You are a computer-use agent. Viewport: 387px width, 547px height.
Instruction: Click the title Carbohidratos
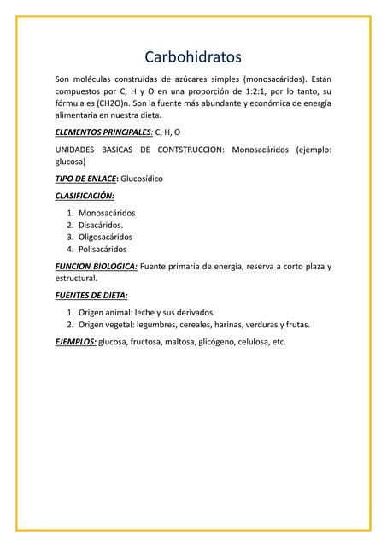click(x=193, y=57)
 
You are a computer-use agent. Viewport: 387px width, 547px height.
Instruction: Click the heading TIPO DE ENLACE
click(x=85, y=179)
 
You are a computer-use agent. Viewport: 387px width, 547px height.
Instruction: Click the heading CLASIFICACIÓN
click(x=85, y=196)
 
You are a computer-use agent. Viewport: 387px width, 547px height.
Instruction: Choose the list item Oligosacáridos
click(x=111, y=238)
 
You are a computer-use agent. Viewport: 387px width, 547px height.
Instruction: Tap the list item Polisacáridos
click(x=108, y=250)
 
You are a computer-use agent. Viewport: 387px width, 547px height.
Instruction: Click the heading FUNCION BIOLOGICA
click(x=96, y=267)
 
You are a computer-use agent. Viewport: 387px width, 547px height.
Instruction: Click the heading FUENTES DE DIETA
click(x=91, y=296)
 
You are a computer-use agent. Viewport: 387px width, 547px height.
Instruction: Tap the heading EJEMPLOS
click(x=75, y=342)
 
